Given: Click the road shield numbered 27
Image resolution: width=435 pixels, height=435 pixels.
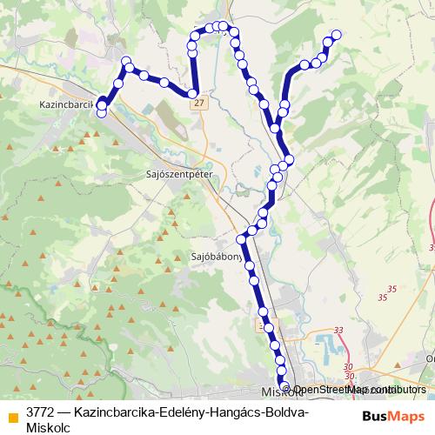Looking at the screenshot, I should pyautogui.click(x=201, y=103).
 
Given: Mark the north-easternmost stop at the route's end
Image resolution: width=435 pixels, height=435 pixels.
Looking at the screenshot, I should pyautogui.click(x=337, y=35).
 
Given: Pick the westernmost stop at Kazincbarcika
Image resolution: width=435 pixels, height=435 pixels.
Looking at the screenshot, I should pyautogui.click(x=101, y=108).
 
